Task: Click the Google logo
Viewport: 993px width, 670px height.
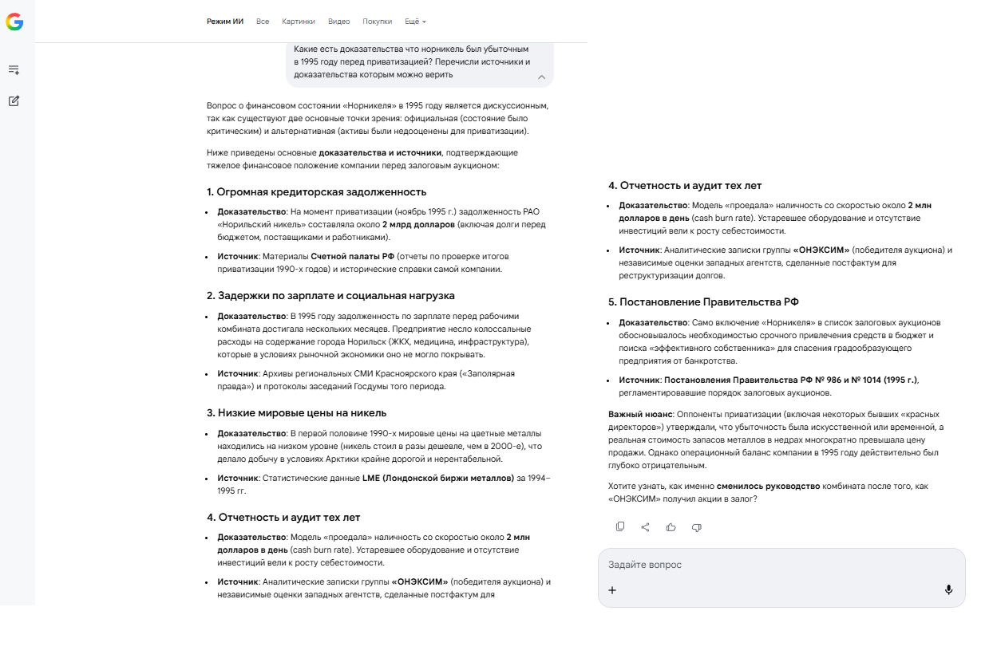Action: pos(14,22)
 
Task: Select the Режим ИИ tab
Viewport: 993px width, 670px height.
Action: pos(225,22)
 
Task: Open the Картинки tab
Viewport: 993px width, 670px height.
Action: pos(299,22)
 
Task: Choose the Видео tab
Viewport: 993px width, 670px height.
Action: pos(338,22)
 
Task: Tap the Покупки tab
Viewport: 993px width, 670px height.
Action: pos(377,22)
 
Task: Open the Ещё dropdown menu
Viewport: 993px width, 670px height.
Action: pos(415,22)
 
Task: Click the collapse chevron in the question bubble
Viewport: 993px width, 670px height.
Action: pos(541,77)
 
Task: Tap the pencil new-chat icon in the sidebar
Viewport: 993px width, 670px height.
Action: pos(14,101)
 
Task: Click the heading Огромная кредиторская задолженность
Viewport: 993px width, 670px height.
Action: pos(316,192)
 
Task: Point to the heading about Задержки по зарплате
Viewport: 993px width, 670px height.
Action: pos(330,295)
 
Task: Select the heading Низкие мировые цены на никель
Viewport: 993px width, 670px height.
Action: pos(296,413)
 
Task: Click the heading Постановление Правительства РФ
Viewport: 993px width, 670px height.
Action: pos(703,302)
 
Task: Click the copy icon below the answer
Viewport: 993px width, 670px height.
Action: pos(620,526)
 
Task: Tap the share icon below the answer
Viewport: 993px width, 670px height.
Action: pos(645,526)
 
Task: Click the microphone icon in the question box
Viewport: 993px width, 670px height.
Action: pos(948,589)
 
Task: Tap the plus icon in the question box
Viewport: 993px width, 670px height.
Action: pos(612,590)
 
